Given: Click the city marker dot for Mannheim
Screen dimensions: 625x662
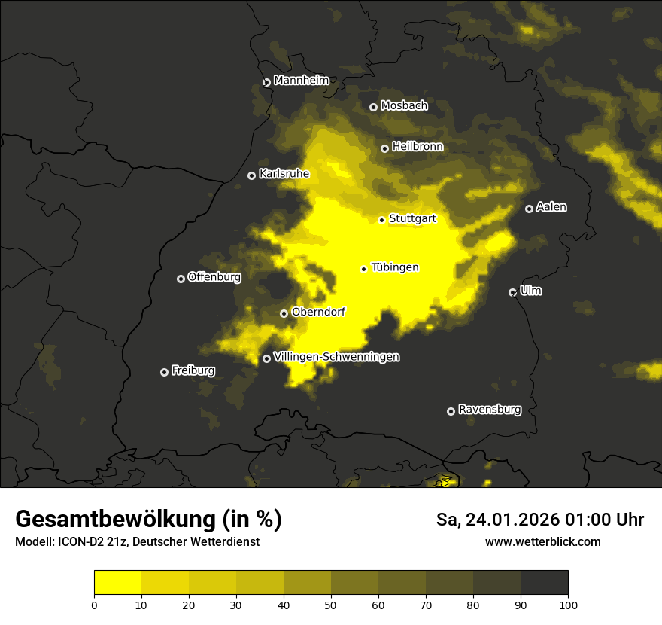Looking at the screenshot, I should (x=266, y=83).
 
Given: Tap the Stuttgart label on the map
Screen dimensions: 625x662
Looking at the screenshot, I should (x=412, y=219).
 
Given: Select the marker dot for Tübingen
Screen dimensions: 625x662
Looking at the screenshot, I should (x=364, y=269).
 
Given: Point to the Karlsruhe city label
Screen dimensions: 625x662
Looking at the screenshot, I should (x=284, y=174).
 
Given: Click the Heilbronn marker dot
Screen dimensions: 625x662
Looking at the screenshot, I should (x=384, y=148).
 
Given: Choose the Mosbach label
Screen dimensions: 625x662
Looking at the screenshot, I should (x=404, y=106).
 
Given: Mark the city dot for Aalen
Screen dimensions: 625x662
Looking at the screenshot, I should (x=529, y=209).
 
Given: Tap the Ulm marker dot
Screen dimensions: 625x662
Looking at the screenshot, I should (x=512, y=292).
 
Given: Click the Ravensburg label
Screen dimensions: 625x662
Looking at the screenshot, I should (x=490, y=410).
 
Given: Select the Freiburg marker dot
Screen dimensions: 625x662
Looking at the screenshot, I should (x=164, y=372).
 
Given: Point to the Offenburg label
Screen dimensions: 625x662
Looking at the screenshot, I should (x=214, y=277).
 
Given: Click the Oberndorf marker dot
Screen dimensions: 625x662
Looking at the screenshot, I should (x=284, y=313).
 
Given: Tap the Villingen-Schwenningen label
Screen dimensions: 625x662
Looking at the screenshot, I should (x=336, y=357).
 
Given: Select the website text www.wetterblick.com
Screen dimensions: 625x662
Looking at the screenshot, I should (x=543, y=542).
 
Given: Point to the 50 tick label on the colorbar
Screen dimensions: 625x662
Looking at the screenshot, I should (x=331, y=605).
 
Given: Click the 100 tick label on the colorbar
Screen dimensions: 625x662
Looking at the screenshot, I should (x=568, y=605).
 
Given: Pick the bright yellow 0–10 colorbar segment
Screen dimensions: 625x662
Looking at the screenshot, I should (x=118, y=583).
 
